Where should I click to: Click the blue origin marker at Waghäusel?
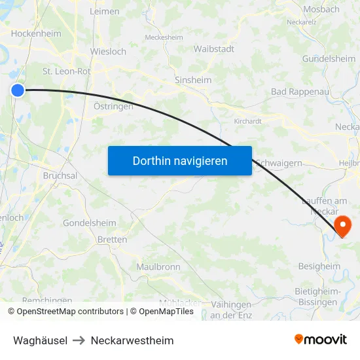(x=18, y=90)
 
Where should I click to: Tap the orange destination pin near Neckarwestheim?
(x=342, y=225)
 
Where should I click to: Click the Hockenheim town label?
(x=36, y=33)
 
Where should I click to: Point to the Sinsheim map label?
(x=192, y=80)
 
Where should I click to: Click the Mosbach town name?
(x=321, y=9)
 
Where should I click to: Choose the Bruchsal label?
(x=60, y=175)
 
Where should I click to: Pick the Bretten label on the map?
(x=112, y=240)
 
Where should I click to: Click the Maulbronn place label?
(x=158, y=266)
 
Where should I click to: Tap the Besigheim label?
(x=319, y=266)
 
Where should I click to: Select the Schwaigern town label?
(x=280, y=162)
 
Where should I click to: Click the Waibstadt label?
(x=215, y=48)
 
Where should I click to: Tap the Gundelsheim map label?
(x=329, y=59)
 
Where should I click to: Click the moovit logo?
(x=320, y=340)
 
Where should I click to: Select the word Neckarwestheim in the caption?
(x=132, y=340)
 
